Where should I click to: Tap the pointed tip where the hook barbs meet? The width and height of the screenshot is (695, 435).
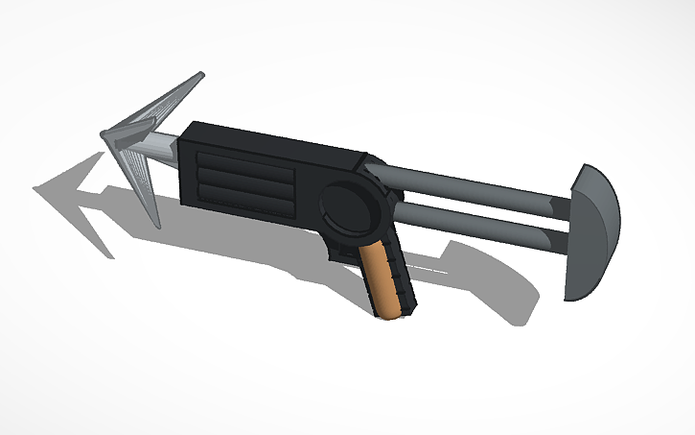(104, 135)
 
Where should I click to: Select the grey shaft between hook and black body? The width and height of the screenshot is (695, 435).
(159, 148)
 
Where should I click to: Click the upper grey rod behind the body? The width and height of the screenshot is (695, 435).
(470, 183)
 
